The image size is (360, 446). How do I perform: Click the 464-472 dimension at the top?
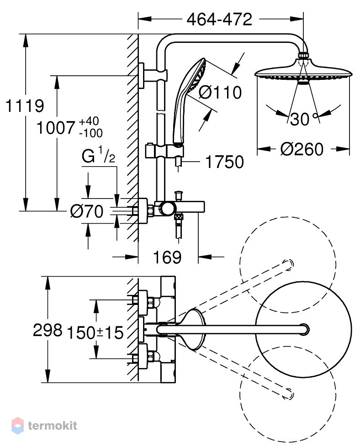219,19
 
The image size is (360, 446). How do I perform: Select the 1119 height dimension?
25,106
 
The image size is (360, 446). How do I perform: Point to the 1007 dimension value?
55,128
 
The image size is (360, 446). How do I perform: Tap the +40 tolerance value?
89,121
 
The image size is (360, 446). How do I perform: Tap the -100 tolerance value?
91,133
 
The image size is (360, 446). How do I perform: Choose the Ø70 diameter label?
87,211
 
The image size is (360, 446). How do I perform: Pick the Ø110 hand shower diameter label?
220,93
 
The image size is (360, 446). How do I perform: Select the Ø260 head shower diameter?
302,149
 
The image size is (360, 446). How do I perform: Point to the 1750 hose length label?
224,162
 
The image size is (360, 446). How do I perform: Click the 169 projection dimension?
167,257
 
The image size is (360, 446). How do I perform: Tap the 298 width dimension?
48,330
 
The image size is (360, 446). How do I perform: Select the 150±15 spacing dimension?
95,332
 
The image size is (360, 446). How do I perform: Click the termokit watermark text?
53,425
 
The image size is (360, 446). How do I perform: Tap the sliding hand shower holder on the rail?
164,151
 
